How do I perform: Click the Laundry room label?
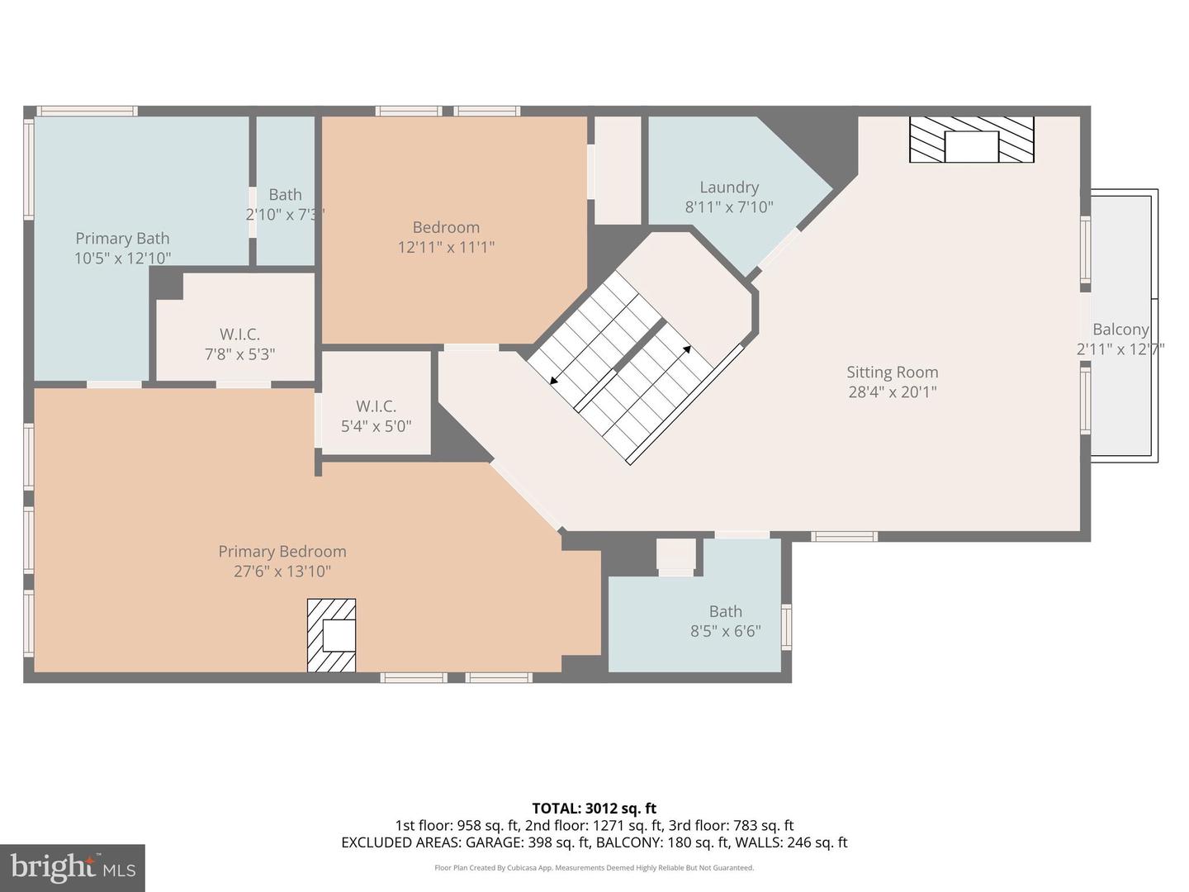pos(728,187)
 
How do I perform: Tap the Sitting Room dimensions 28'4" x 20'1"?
pos(892,392)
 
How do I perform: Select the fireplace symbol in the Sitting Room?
pos(971,140)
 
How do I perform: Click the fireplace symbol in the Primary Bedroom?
pos(332,635)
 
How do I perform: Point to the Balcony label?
pos(1120,330)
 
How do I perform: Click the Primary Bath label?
pos(122,239)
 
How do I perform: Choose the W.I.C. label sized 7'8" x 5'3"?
pos(239,334)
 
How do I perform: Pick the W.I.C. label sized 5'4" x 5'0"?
pos(376,406)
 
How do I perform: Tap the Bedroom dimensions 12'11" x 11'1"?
pos(446,247)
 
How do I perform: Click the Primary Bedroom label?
pos(282,552)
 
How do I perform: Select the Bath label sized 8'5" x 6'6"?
pos(725,612)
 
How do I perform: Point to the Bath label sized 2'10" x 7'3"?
pos(285,195)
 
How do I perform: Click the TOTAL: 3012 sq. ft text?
pos(594,809)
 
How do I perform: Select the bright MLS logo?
pos(73,867)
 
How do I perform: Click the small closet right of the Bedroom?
pos(618,169)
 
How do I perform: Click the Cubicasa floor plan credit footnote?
pos(594,868)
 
